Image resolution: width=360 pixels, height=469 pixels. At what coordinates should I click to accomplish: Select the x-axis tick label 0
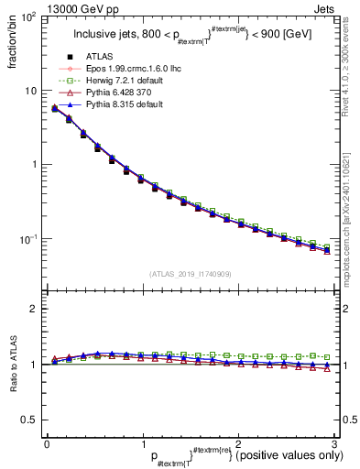coord(46,442)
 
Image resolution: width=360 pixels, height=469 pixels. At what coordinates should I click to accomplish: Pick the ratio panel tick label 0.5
coord(29,420)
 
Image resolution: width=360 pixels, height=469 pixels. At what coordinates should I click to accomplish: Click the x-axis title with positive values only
coord(219,455)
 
